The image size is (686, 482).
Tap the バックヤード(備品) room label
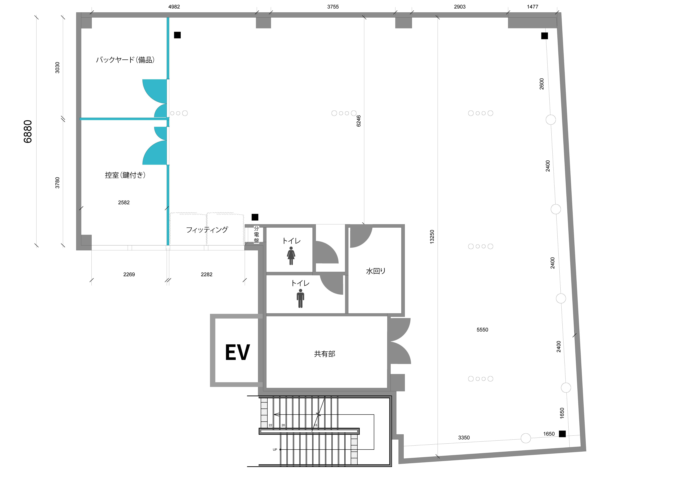(125, 60)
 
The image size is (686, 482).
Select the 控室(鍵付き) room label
(125, 175)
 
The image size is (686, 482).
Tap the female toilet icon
(291, 256)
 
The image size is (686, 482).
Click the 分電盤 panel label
(256, 235)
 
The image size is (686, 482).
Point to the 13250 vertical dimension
(432, 237)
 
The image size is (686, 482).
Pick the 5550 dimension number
(482, 330)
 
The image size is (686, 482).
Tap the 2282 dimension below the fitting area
(206, 274)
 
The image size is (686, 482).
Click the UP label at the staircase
(275, 449)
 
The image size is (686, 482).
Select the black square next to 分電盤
(255, 217)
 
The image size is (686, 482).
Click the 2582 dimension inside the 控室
(124, 203)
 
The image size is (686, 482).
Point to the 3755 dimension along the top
(333, 7)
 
